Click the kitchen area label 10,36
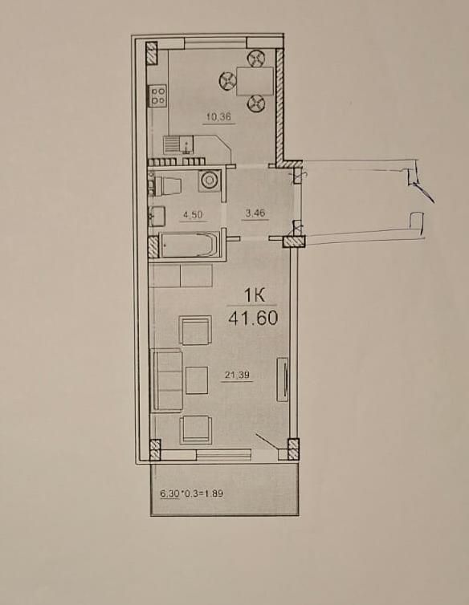tap(218, 116)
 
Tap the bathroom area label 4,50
tap(193, 215)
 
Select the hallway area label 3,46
tap(255, 213)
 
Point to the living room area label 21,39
tap(238, 374)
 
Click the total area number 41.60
tap(253, 318)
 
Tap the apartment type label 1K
tap(255, 296)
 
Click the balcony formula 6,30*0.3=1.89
tap(192, 493)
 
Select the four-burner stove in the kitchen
tap(157, 95)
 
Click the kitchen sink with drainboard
tap(178, 144)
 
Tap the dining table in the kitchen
tap(255, 81)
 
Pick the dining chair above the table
tap(255, 59)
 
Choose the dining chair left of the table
tap(227, 81)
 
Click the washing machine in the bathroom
tap(210, 181)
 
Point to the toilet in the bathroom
tap(165, 185)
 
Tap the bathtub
tap(190, 245)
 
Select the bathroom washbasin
tap(157, 216)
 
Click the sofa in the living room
tap(167, 380)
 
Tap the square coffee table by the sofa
tap(197, 380)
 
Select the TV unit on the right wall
tap(283, 380)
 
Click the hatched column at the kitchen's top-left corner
tap(152, 53)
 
